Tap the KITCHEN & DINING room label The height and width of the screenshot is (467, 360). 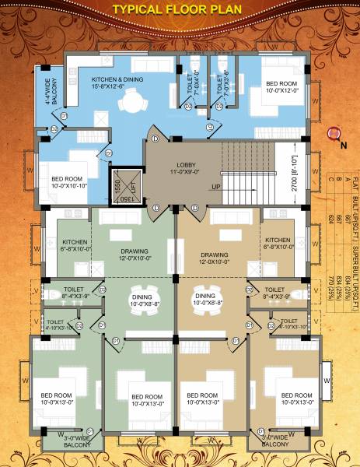(x=117, y=83)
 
